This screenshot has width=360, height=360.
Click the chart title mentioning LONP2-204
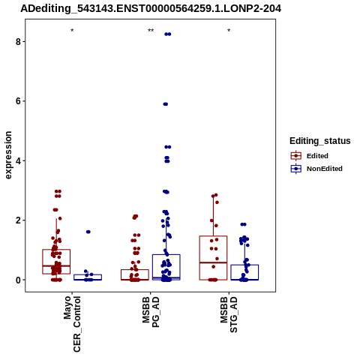pos(151,8)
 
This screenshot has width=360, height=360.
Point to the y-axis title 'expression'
pos(8,155)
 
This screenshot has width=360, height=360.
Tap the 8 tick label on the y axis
pos(18,41)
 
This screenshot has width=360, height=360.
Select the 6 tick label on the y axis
pos(18,101)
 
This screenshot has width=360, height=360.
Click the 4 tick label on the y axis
pos(18,160)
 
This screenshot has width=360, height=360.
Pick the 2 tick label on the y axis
pos(18,220)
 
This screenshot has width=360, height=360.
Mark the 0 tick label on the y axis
pos(18,280)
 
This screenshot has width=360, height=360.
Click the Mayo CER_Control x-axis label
pos(72,324)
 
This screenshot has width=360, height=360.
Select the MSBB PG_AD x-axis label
pos(151,312)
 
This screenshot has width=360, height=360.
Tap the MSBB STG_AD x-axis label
pos(229,314)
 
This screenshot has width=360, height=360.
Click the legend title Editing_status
pos(320,141)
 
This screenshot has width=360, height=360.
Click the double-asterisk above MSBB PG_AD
pos(151,31)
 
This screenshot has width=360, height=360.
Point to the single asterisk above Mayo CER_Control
pos(72,31)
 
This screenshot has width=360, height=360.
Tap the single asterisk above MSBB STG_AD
pos(229,31)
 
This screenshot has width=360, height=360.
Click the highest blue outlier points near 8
pos(168,34)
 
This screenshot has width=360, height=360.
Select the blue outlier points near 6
pos(166,104)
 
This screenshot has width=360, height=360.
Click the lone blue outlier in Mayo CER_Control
pos(88,232)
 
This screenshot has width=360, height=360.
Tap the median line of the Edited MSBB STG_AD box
pos(213,262)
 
